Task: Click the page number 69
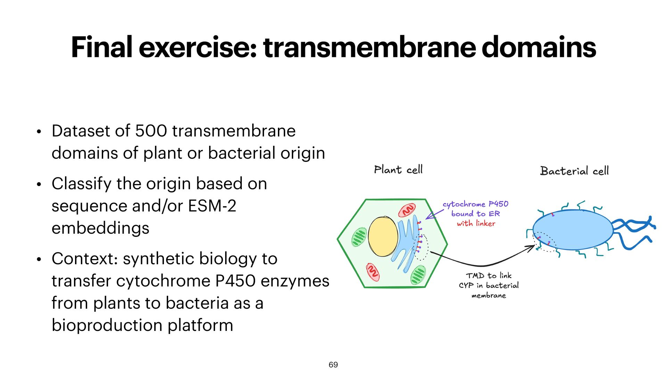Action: (333, 365)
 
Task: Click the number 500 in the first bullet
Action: (151, 131)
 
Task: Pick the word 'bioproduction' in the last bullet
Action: (107, 325)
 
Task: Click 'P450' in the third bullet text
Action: (235, 281)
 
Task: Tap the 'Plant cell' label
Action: (398, 170)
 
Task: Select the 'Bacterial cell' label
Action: (574, 171)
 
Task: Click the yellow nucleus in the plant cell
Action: (383, 236)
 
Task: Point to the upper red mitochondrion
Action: (407, 210)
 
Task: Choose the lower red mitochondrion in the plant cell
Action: (373, 272)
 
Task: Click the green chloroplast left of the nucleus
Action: (359, 237)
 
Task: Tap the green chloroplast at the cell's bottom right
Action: (418, 275)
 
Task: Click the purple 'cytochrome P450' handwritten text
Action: (475, 204)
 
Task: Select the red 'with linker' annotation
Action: (476, 223)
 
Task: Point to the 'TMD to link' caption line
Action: (488, 276)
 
